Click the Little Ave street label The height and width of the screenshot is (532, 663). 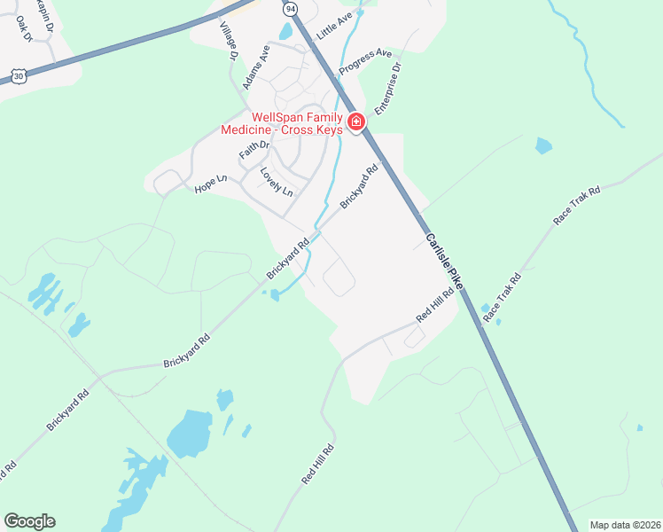click(x=334, y=24)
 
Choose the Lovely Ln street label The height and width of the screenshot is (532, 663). click(x=277, y=182)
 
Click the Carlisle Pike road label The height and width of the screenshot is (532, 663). click(x=443, y=262)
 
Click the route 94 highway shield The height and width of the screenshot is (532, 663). click(x=290, y=8)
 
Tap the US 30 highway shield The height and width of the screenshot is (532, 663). click(x=19, y=76)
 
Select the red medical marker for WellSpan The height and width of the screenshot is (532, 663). click(x=356, y=122)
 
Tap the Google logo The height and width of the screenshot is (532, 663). click(x=29, y=521)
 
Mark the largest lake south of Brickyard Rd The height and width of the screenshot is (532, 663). click(x=190, y=433)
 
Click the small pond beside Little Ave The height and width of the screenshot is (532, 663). click(x=285, y=32)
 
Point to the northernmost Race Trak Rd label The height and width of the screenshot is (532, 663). click(x=577, y=205)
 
